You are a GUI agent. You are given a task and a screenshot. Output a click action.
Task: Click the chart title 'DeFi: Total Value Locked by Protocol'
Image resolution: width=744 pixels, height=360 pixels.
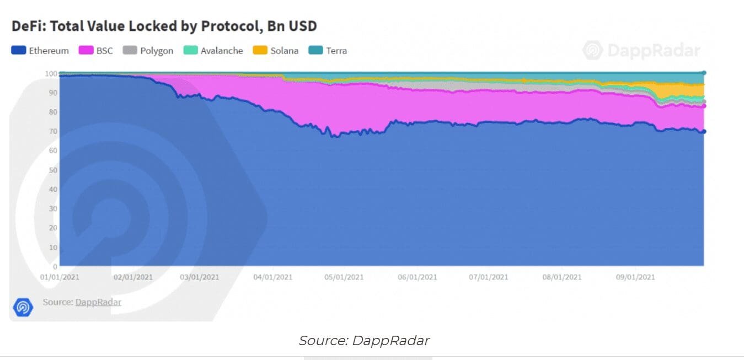click(x=164, y=26)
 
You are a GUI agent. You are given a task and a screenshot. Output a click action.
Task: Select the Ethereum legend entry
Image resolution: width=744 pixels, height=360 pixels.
click(x=40, y=51)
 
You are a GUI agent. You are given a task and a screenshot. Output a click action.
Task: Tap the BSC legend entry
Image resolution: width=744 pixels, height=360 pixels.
click(x=97, y=51)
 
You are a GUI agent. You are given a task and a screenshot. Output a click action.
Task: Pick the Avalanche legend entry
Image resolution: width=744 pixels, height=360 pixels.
click(x=213, y=51)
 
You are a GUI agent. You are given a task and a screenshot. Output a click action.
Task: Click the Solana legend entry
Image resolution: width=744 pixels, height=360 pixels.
click(x=276, y=51)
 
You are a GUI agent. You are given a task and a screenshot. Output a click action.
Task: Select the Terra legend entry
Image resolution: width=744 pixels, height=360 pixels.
click(x=328, y=51)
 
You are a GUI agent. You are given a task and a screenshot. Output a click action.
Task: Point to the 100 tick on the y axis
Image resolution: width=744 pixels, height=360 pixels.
click(x=51, y=74)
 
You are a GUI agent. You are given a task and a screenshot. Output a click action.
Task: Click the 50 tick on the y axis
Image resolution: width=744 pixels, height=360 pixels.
click(x=52, y=170)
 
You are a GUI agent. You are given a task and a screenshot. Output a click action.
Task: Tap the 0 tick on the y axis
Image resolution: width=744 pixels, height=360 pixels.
click(x=55, y=266)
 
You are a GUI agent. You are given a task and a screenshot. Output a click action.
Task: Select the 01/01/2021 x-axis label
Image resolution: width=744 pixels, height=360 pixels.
click(x=59, y=277)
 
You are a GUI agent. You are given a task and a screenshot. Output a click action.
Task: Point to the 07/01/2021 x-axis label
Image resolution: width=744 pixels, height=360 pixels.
click(x=488, y=277)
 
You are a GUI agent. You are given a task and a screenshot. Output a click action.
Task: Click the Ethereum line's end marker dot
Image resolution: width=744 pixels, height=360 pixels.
click(x=704, y=131)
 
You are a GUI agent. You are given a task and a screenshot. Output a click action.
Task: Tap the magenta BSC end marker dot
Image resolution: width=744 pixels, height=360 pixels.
click(x=704, y=106)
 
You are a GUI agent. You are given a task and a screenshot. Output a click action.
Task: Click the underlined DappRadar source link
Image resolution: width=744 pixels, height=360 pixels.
click(x=98, y=302)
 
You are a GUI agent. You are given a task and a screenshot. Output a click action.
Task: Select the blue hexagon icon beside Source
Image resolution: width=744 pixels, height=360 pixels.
click(x=23, y=307)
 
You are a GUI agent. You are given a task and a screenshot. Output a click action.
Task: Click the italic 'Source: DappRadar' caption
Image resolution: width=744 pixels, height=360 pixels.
click(x=364, y=341)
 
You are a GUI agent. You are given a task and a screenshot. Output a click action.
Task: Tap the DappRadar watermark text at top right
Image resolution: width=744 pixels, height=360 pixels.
click(x=654, y=51)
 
